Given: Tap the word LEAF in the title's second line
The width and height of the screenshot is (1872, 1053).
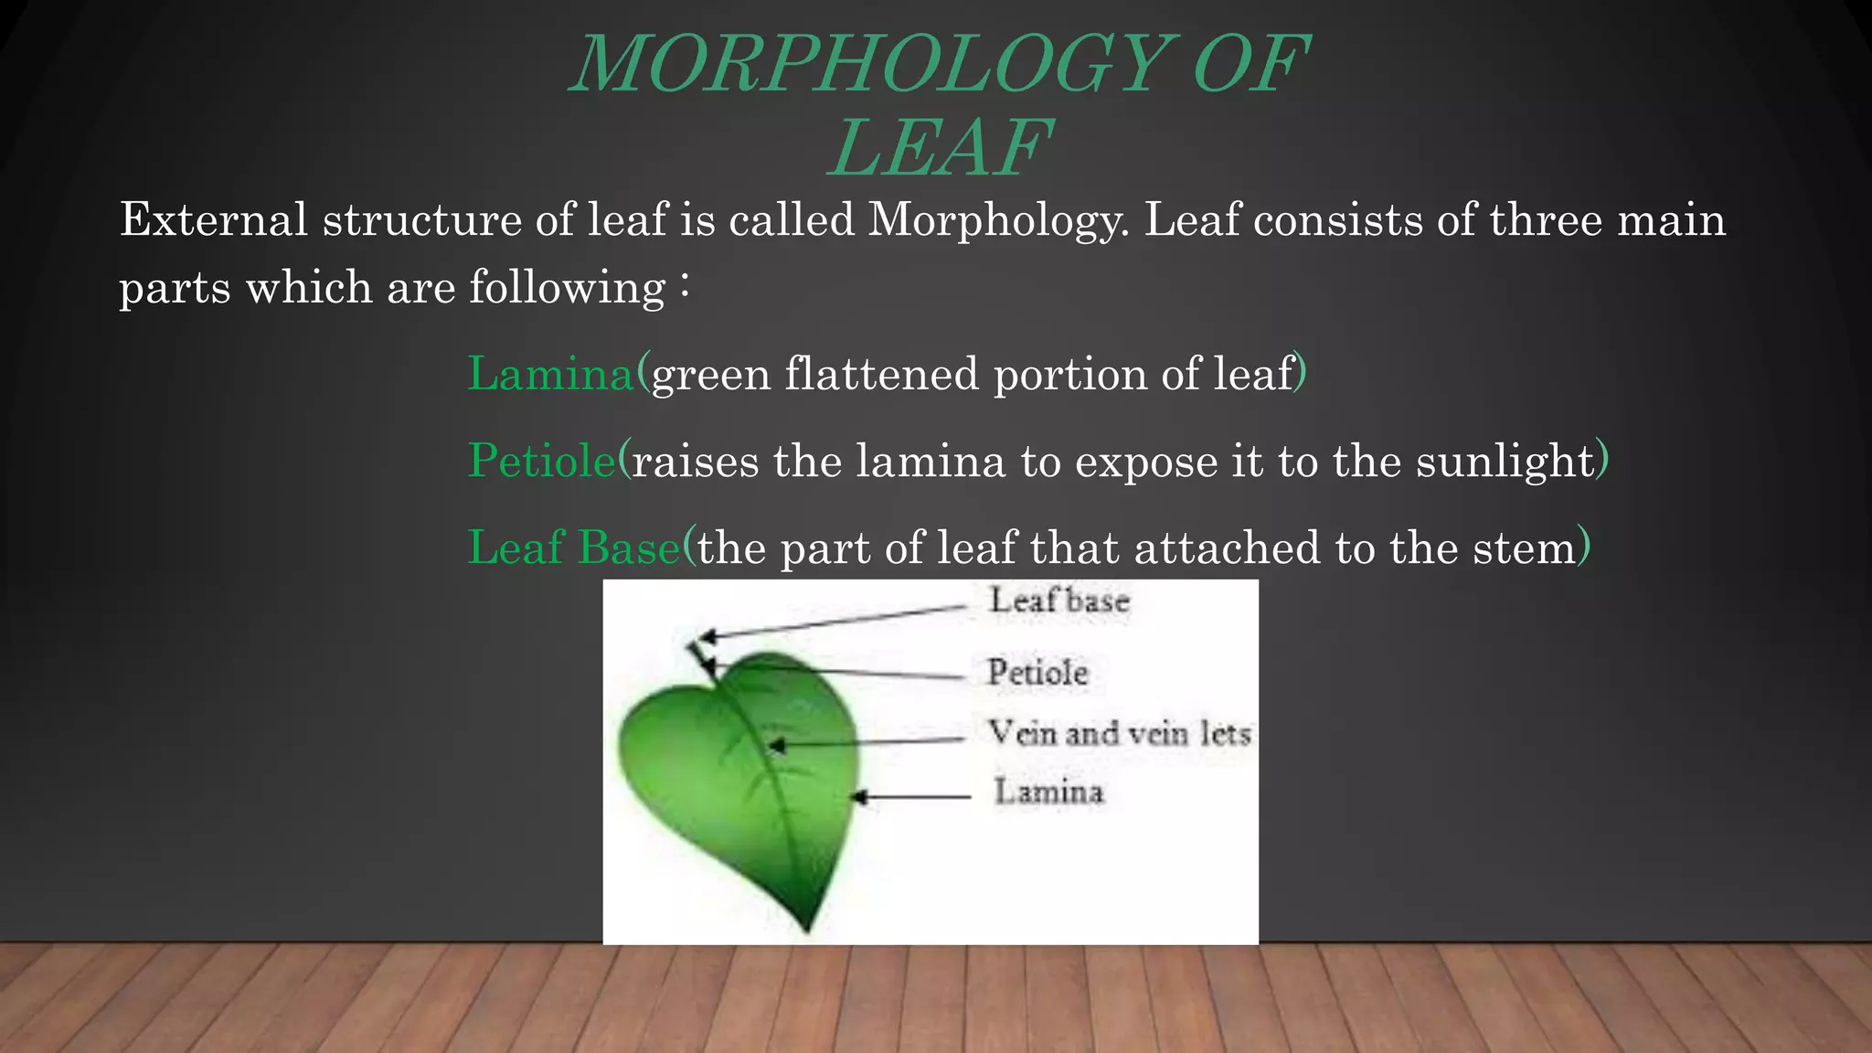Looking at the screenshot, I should point(941,148).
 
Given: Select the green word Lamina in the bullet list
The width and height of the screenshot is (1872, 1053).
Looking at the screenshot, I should point(550,374).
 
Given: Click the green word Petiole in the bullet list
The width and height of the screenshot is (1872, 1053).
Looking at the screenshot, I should point(542,460).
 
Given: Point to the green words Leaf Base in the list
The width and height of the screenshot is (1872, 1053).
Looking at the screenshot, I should point(574,548).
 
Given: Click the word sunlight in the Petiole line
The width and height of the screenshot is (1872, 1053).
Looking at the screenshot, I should point(1505,461).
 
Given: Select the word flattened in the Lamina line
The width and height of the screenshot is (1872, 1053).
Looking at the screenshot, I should point(881,374).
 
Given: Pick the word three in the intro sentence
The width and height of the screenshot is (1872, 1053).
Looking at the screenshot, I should point(1545,220).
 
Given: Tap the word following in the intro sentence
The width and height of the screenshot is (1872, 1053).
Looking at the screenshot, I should point(567,288).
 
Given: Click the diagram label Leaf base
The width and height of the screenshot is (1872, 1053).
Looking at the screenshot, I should point(1059,601).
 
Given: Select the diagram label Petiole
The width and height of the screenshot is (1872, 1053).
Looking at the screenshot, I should point(1037,673).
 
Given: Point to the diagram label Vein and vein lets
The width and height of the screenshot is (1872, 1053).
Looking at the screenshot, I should point(1119,733).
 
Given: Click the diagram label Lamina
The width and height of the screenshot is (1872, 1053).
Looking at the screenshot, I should point(1048,792).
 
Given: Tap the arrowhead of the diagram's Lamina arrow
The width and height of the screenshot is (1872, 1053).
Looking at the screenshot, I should point(858,798).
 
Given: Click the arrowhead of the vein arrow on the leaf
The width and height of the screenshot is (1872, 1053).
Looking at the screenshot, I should point(775,747).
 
